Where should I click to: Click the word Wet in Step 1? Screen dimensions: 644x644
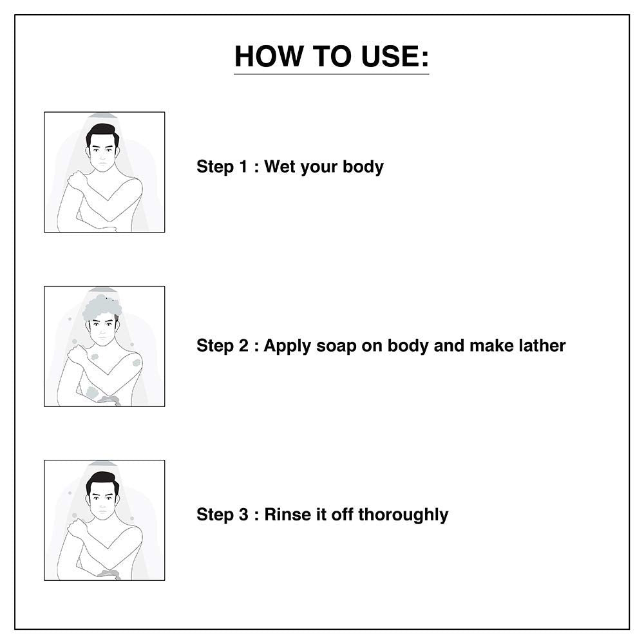click(280, 166)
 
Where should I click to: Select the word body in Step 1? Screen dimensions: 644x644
click(363, 166)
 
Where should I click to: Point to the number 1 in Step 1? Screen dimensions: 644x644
click(243, 166)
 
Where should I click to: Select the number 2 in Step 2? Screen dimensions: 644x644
click(243, 345)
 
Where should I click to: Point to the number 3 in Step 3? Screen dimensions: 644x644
click(243, 514)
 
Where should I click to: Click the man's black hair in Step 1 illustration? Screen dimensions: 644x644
click(102, 133)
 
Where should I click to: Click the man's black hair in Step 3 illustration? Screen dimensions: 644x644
click(102, 481)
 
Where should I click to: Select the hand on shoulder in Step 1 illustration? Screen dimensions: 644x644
click(77, 180)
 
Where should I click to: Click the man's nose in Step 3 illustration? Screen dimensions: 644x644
click(102, 505)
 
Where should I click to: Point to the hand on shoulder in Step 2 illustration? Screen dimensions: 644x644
click(77, 354)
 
